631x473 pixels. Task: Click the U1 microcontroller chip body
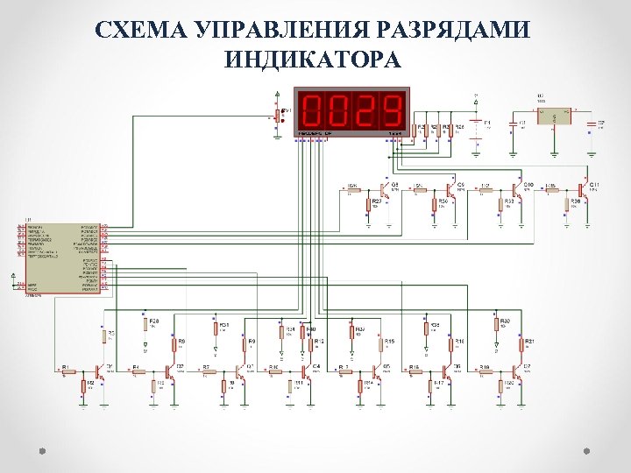(x=60, y=258)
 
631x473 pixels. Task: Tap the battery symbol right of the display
(x=476, y=126)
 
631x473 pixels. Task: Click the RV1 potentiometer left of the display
(x=279, y=115)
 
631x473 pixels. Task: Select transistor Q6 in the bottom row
(x=452, y=371)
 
